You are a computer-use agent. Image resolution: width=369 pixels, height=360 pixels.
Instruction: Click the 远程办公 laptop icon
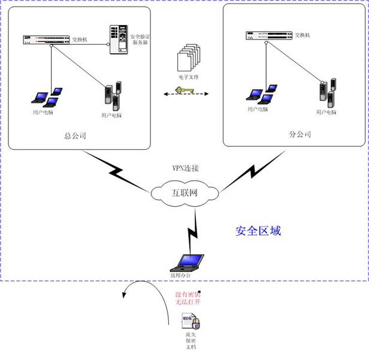(x=188, y=264)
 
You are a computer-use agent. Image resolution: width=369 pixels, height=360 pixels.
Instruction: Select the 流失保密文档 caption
(x=190, y=344)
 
